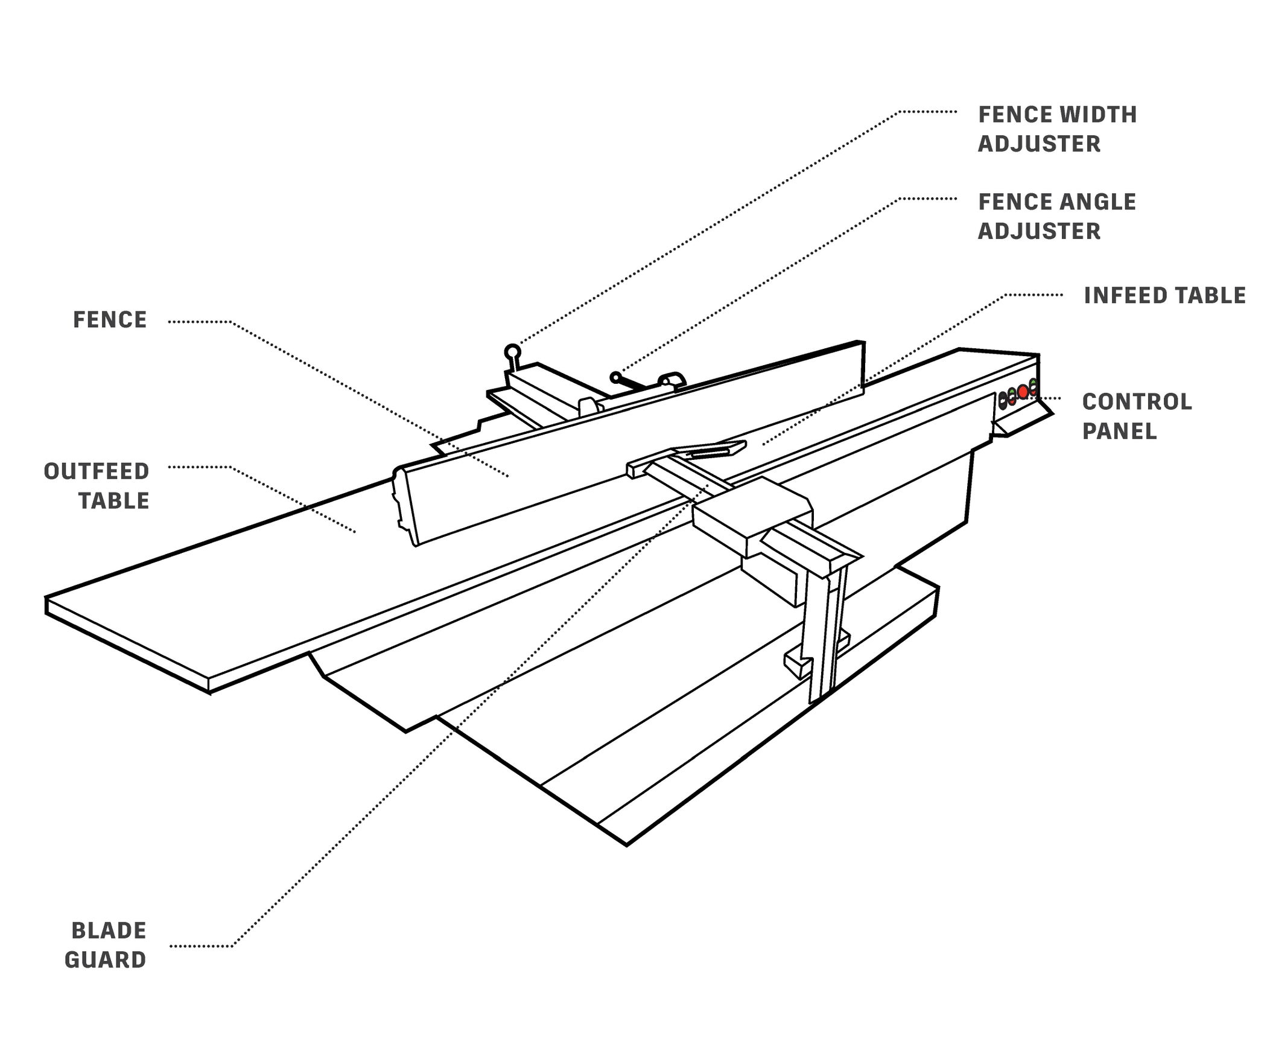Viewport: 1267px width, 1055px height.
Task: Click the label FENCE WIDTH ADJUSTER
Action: tap(1057, 129)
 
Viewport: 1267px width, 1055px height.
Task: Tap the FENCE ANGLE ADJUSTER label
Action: tap(1056, 216)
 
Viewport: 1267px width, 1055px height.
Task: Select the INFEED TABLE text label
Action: tap(1164, 296)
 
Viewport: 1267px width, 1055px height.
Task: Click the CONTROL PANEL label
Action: tap(1137, 416)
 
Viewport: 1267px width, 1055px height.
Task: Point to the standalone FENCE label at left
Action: tap(110, 320)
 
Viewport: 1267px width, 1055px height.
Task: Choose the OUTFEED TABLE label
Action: tap(97, 486)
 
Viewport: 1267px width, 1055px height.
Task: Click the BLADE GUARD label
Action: tap(106, 945)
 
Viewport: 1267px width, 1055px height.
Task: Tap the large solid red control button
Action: tap(1023, 392)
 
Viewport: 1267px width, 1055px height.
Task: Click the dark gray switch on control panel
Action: tap(1003, 400)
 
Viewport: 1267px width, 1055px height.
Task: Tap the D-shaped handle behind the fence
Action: tap(672, 379)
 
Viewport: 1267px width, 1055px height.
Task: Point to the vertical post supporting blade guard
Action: tap(821, 634)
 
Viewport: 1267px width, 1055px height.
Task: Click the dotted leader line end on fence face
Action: tap(509, 477)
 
